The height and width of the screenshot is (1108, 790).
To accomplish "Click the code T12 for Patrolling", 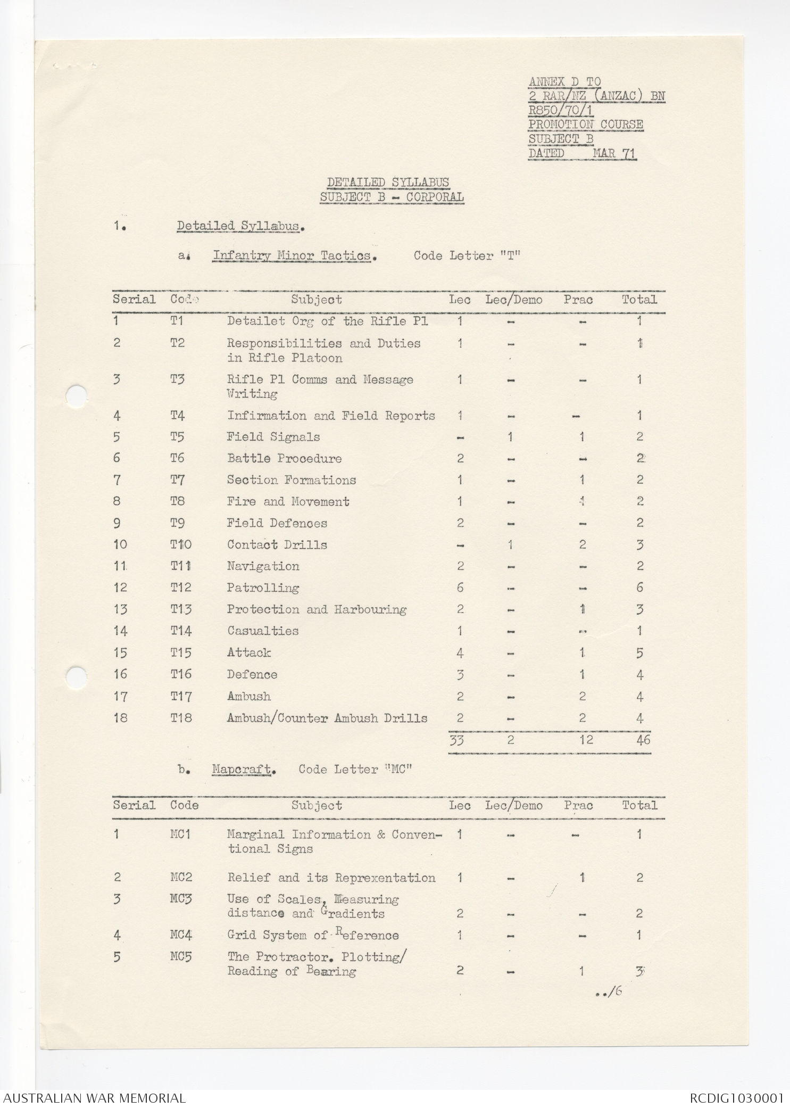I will pos(181,588).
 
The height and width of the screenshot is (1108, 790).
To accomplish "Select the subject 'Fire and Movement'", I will pos(288,501).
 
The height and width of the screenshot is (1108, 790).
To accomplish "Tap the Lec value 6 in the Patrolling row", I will pos(460,588).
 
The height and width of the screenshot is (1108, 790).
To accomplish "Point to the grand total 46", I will pos(643,740).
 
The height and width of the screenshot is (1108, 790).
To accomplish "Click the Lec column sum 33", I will pos(457,740).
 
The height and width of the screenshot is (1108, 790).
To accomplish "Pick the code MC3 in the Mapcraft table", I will pos(181,899).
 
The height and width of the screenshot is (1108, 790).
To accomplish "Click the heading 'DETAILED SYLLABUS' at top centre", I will pos(388,182).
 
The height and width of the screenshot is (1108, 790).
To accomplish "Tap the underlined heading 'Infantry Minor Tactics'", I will pos(292,256).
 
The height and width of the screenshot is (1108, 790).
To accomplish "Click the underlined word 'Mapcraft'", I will pos(243,770).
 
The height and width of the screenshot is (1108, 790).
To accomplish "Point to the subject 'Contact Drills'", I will pos(277,544).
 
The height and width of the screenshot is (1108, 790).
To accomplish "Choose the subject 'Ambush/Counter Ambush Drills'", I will pos(327,718).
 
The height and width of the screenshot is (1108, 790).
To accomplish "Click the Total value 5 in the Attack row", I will pos(640,653).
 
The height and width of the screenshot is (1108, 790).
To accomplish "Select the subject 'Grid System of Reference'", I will pos(313,935).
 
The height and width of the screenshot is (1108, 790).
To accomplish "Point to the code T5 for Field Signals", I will pos(178,437).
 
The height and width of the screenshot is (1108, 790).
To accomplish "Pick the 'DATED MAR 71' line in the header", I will pos(582,153).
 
